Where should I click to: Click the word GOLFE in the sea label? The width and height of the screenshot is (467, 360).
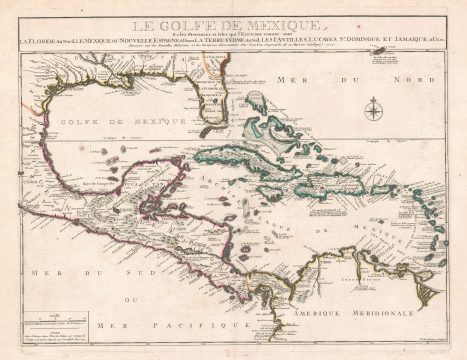[x=85, y=120]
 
